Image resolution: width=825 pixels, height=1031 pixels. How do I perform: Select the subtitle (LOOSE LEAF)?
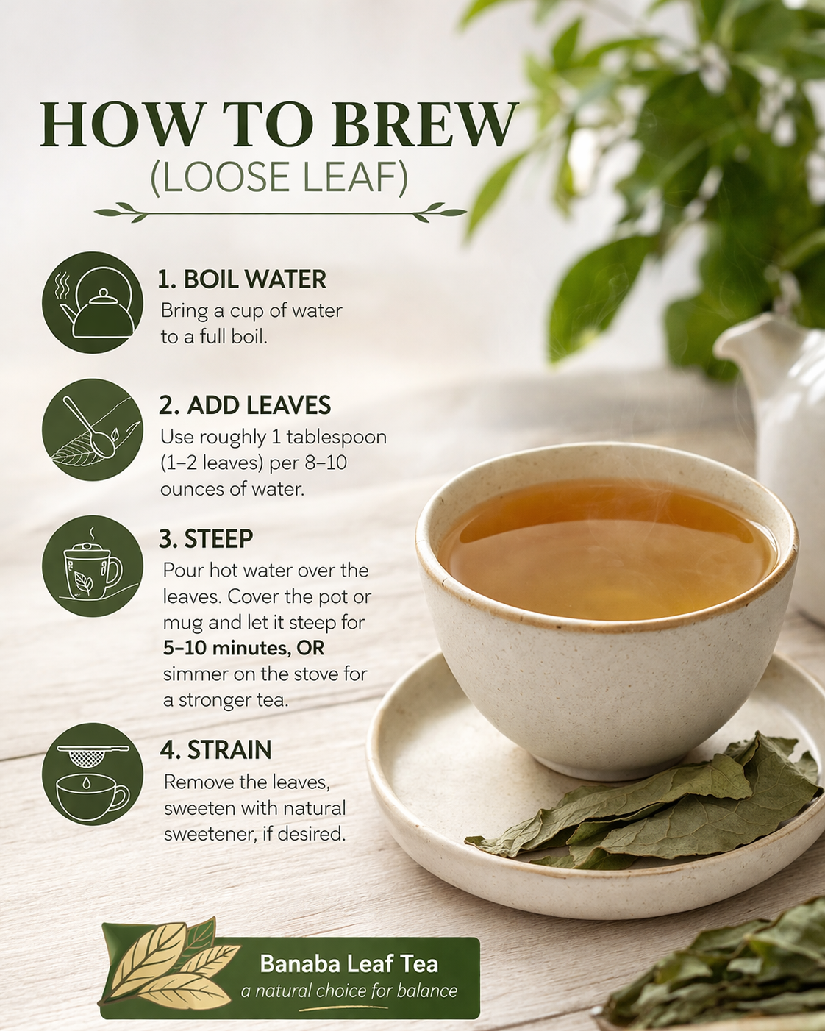(279, 178)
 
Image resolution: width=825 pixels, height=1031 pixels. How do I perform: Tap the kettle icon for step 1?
(93, 302)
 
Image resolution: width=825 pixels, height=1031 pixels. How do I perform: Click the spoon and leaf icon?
(93, 429)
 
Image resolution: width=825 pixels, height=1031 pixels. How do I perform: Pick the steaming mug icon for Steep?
(93, 566)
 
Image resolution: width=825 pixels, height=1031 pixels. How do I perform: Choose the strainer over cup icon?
(93, 774)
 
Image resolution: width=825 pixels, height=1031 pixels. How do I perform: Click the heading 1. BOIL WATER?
(242, 279)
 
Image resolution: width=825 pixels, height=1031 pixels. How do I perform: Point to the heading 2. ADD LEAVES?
(245, 405)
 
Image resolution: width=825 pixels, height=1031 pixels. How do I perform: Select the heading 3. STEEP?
(206, 539)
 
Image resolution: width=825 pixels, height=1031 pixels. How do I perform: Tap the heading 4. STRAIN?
(215, 750)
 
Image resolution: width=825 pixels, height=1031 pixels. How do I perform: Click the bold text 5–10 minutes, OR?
(243, 648)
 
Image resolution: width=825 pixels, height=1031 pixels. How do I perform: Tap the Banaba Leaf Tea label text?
(349, 963)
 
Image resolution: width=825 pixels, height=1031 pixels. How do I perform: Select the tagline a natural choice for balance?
(349, 991)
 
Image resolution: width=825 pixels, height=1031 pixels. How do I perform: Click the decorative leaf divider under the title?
(280, 213)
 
